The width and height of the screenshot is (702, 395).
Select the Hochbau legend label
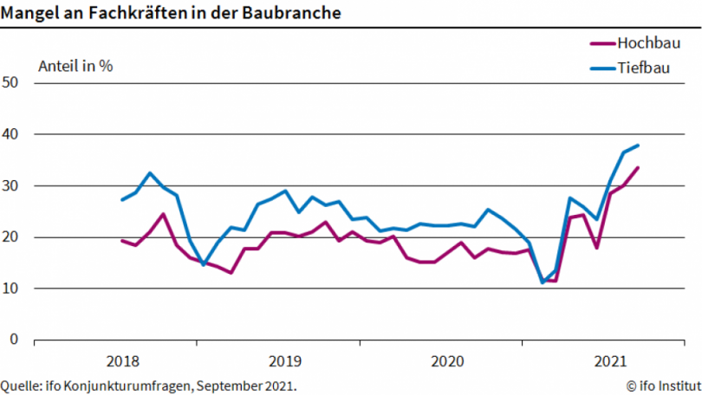pyautogui.click(x=648, y=42)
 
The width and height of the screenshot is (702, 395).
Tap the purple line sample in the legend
pyautogui.click(x=601, y=42)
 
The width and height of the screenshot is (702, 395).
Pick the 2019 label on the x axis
pyautogui.click(x=285, y=359)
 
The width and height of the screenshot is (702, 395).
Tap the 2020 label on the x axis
pyautogui.click(x=448, y=359)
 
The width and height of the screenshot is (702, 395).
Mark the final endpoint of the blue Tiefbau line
pyautogui.click(x=638, y=146)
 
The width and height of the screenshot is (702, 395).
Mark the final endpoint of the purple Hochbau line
pyautogui.click(x=638, y=168)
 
